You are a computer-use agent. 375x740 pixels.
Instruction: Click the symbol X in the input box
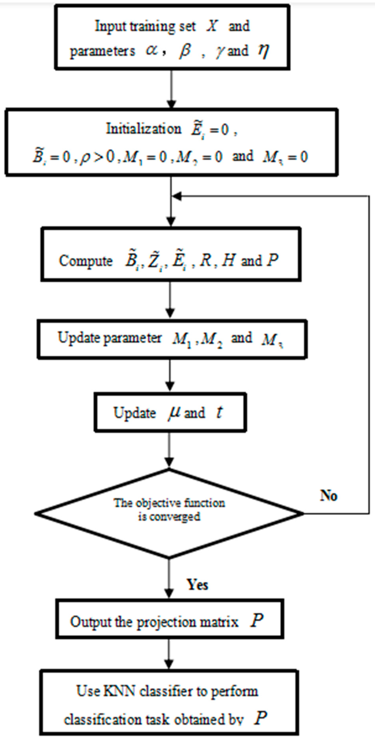click(212, 26)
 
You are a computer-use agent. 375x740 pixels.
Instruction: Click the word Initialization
click(144, 129)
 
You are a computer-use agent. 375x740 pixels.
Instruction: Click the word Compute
click(86, 261)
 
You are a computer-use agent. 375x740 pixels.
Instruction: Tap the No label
click(328, 495)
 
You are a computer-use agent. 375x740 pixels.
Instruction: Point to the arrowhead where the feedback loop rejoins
click(176, 196)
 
